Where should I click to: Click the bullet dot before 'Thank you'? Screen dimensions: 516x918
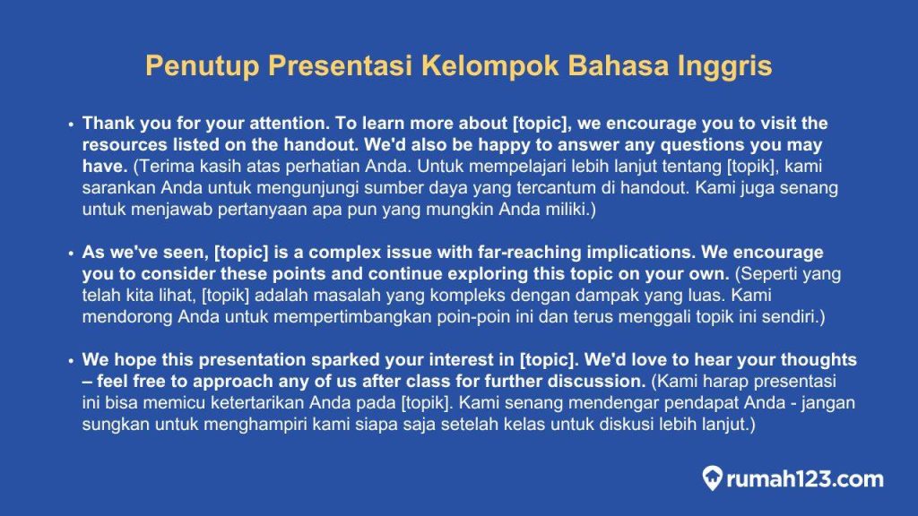(71, 125)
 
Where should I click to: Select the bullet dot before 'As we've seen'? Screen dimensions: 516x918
(71, 254)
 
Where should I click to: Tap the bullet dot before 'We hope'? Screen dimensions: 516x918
(71, 361)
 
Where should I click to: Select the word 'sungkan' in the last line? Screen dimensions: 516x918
(113, 425)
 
